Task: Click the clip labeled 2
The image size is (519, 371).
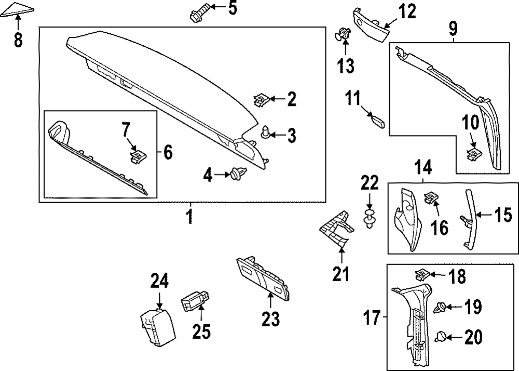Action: click(x=262, y=98)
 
